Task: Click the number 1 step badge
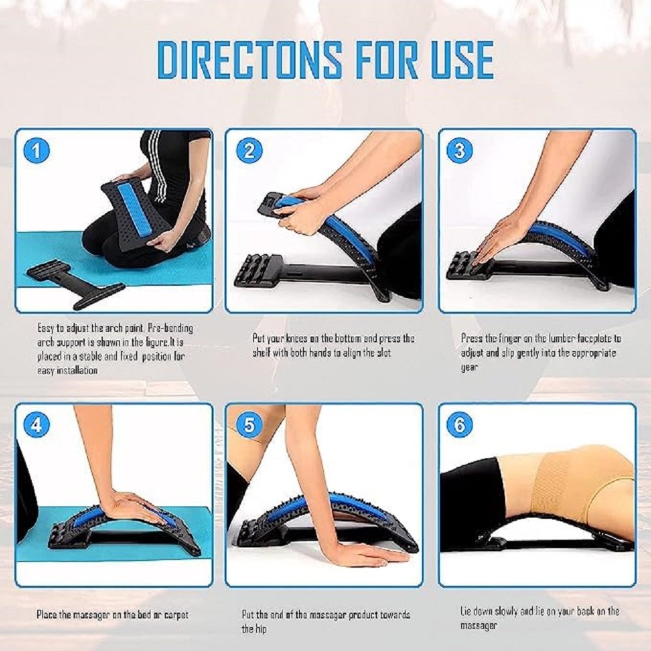(36, 150)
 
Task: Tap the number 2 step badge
(249, 150)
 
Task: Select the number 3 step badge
(460, 150)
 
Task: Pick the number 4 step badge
(36, 424)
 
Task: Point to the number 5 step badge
(249, 424)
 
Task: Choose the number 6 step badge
(460, 424)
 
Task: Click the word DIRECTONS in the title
(250, 59)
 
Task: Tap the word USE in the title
(462, 59)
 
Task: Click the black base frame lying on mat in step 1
(76, 283)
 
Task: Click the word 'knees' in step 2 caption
(294, 339)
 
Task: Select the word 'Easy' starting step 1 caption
(45, 328)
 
